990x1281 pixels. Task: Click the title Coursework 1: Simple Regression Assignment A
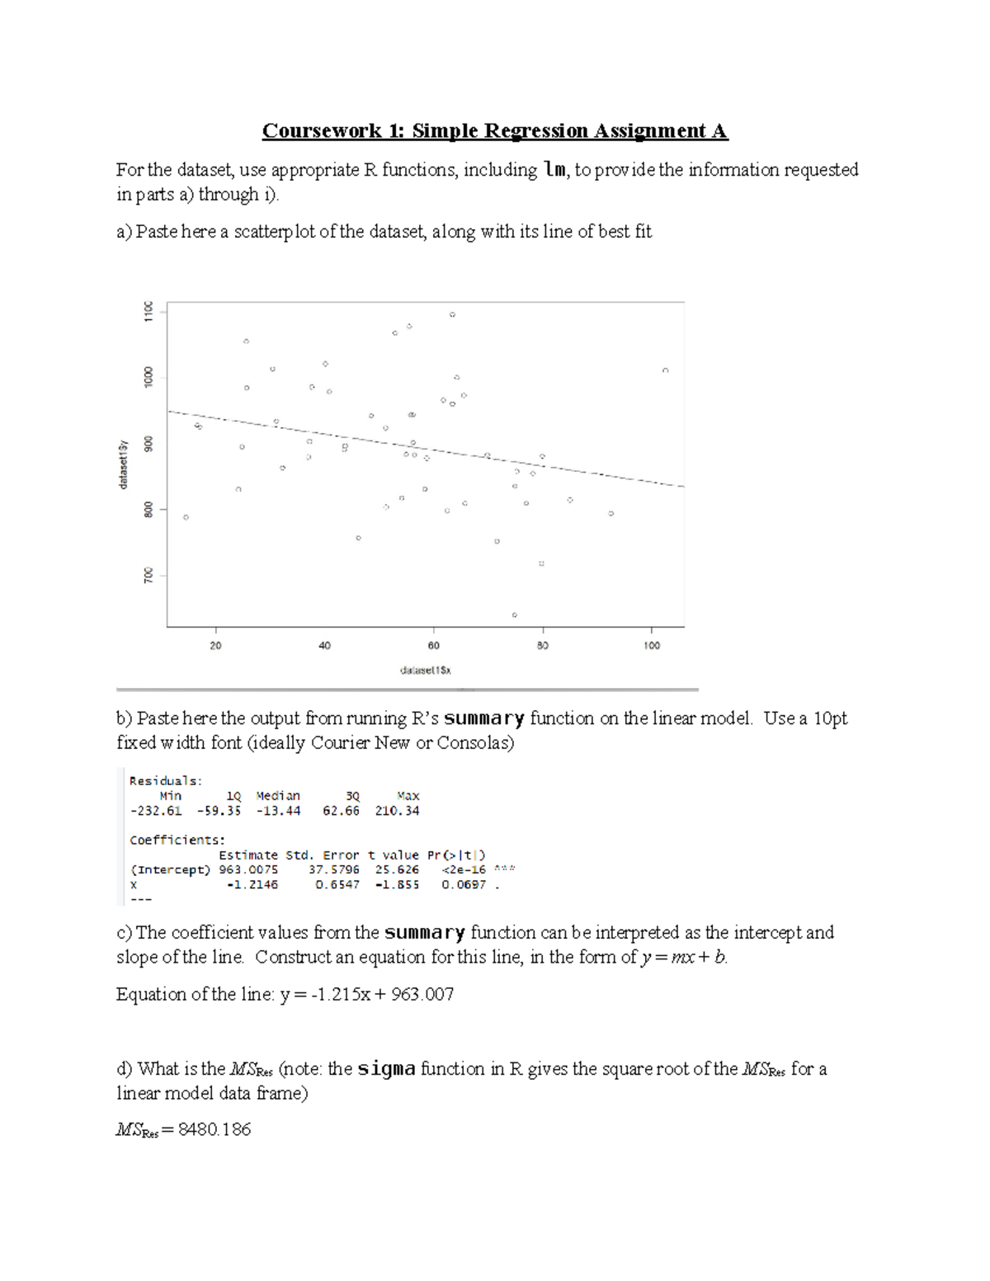[x=495, y=131]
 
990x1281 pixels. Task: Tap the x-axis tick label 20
[x=215, y=646]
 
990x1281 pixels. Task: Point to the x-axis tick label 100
[x=652, y=646]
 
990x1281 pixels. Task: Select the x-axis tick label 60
[x=434, y=646]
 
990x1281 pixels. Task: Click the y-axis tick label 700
[x=148, y=575]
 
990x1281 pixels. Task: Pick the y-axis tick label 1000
[x=148, y=377]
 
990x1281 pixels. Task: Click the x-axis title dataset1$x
[x=426, y=671]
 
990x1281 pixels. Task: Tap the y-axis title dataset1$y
[x=124, y=464]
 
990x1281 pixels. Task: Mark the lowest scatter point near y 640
[x=515, y=615]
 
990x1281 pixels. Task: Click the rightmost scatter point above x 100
[x=665, y=370]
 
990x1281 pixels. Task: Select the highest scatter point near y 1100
[x=452, y=314]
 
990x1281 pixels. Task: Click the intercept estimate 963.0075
[x=248, y=869]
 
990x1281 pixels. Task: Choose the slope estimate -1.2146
[x=252, y=884]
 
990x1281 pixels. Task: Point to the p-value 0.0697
[x=464, y=884]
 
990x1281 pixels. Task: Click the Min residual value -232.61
[x=156, y=811]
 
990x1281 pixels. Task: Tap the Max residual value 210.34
[x=397, y=811]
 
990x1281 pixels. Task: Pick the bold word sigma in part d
[x=386, y=1069]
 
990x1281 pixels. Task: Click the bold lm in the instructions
[x=554, y=170]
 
